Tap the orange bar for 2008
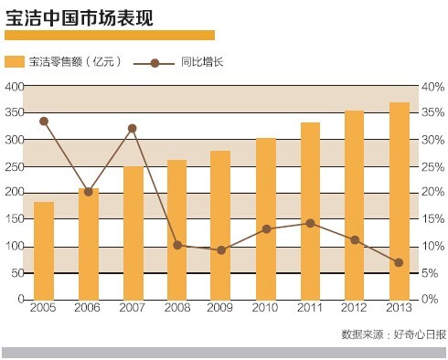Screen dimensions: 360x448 click(x=177, y=229)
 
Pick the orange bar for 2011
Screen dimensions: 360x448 click(x=311, y=211)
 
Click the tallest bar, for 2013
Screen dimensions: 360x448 click(x=400, y=201)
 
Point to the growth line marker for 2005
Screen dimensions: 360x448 click(x=44, y=121)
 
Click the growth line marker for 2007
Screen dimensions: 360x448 click(x=133, y=128)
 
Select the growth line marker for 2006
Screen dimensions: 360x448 click(x=89, y=192)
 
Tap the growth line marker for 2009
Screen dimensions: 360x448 click(x=222, y=249)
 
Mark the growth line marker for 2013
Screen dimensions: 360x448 click(x=400, y=262)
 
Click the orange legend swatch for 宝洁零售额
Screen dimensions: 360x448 click(x=15, y=63)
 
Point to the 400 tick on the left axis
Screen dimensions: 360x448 click(x=13, y=86)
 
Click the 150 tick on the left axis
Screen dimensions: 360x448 click(x=13, y=219)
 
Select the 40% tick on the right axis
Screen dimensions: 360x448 click(x=432, y=86)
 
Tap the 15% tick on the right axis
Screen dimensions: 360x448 click(x=432, y=219)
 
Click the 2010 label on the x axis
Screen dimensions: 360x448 click(x=266, y=311)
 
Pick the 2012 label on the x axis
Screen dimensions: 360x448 click(x=355, y=311)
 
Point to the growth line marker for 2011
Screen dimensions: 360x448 click(x=311, y=223)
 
